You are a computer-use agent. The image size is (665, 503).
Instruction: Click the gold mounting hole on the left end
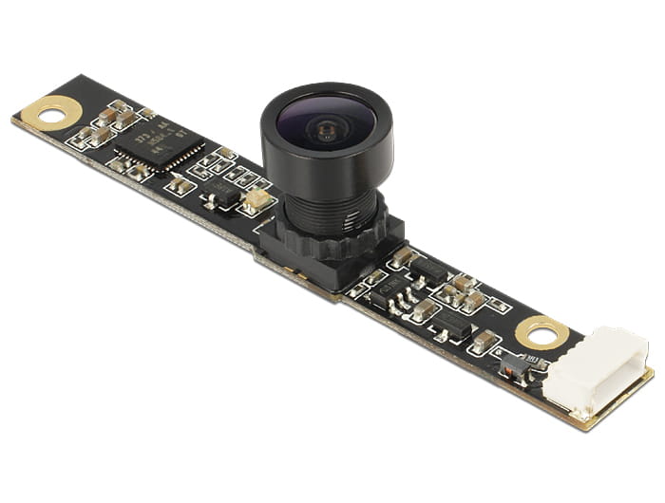click(49, 114)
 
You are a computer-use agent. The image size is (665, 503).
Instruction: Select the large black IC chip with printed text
click(159, 145)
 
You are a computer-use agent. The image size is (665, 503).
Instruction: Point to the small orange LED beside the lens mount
click(255, 199)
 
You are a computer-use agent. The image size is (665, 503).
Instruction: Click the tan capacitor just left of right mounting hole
click(485, 340)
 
